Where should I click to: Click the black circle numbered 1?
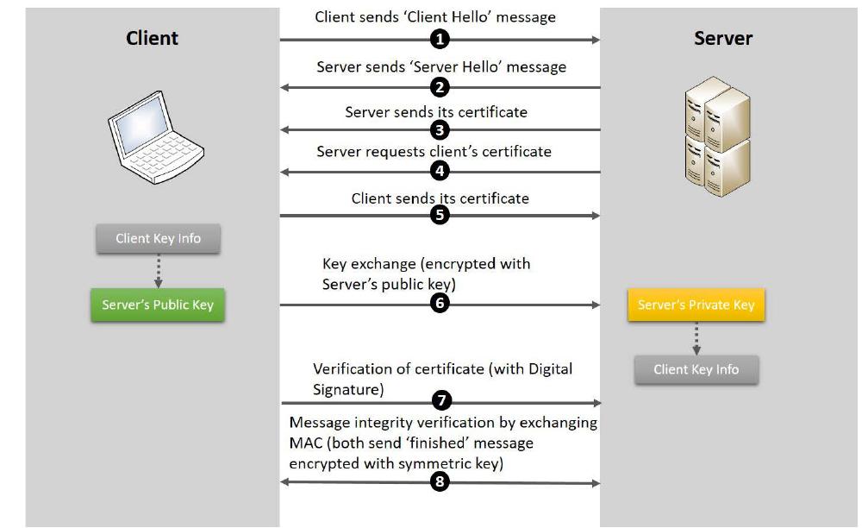point(440,40)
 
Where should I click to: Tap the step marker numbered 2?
point(440,87)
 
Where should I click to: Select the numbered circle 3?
point(440,130)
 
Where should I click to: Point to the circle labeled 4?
point(440,171)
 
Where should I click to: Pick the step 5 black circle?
point(440,215)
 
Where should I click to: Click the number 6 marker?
point(440,303)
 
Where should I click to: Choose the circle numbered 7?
point(441,400)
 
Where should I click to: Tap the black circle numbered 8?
point(440,481)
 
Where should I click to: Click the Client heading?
point(153,38)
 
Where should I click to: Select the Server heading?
point(723,38)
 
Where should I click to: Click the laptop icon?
point(155,137)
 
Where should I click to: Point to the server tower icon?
point(717,136)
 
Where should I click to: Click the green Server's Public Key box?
point(158,305)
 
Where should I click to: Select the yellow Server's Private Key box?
point(696,305)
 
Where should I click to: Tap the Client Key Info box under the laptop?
point(159,239)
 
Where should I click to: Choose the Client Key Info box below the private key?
point(696,369)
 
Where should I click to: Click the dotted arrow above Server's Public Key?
point(159,271)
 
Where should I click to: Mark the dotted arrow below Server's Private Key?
point(696,338)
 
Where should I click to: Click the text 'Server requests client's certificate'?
point(434,152)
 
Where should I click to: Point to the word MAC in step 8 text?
point(306,443)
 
